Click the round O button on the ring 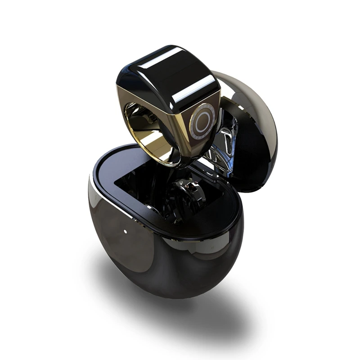pos(201,121)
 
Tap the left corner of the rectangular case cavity pos(118,180)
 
